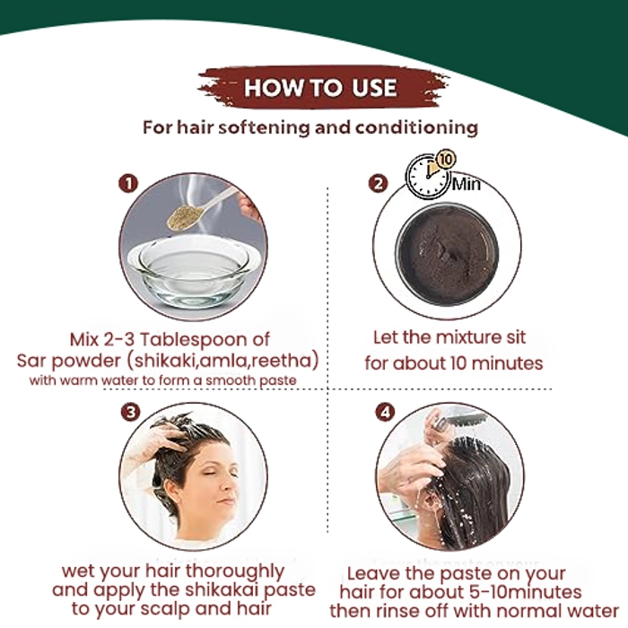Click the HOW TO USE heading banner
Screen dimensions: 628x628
[323, 87]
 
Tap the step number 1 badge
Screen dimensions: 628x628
[128, 183]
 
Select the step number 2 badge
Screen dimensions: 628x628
[378, 184]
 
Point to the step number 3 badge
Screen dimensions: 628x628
[131, 412]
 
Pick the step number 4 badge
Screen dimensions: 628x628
[385, 412]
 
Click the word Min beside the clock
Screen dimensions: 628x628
[467, 184]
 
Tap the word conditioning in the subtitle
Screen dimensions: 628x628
[416, 127]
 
